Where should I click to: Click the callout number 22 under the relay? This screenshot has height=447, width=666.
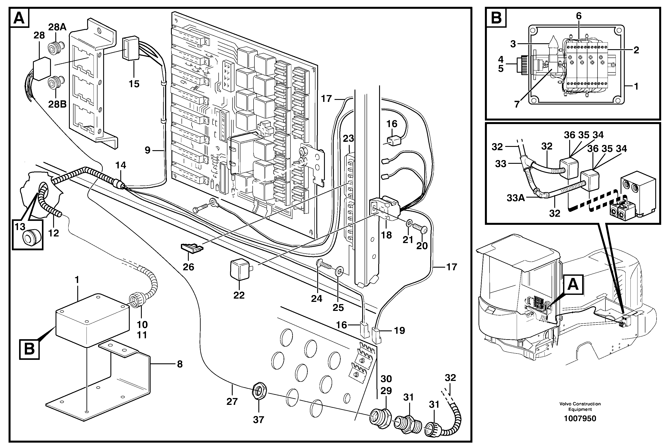coord(239,295)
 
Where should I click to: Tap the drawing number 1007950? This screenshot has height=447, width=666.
coord(580,418)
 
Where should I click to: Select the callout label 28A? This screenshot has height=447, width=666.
coord(57,27)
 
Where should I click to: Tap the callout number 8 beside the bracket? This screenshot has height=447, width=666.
coord(180,364)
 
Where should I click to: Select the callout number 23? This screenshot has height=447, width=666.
coord(348,139)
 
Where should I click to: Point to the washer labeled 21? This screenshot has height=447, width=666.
coord(409,222)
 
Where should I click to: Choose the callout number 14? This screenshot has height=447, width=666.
coord(121,165)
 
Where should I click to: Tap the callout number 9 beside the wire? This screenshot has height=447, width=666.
coord(147,150)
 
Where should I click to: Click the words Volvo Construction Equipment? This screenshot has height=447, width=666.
coord(580,407)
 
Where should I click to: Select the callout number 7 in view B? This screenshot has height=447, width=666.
coord(517,104)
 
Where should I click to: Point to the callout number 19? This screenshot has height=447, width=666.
coord(400,330)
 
